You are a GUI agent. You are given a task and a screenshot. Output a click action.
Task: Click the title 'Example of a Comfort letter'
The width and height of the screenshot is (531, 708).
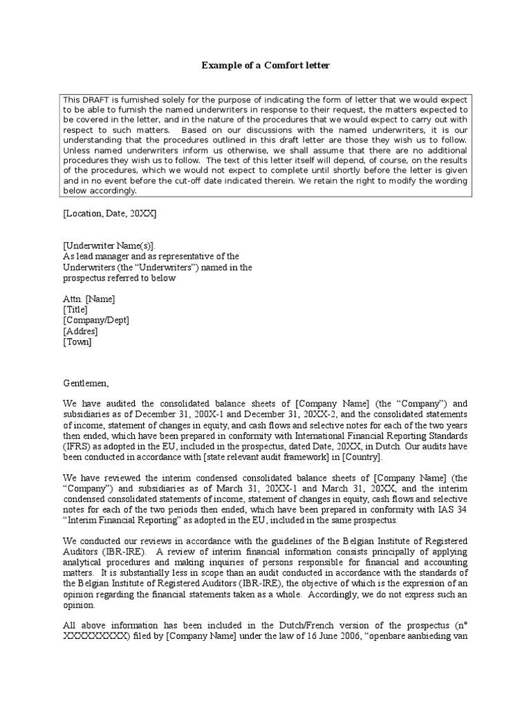pos(265,66)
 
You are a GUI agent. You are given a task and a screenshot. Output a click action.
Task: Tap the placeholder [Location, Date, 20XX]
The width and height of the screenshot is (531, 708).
pos(110,214)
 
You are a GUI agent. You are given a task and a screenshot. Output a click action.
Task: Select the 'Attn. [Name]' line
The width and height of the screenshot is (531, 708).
pos(89,299)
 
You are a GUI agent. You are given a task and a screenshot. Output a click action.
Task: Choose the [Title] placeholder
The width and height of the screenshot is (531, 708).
pos(75,310)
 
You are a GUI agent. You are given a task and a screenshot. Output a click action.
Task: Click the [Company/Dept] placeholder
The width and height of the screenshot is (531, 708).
pos(96,321)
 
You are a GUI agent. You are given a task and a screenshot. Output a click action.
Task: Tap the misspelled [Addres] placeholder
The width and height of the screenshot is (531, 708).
pos(80,331)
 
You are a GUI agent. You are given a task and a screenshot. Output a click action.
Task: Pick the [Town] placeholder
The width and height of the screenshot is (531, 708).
pos(77,342)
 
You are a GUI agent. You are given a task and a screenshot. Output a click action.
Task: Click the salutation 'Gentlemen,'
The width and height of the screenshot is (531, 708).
pos(86,384)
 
